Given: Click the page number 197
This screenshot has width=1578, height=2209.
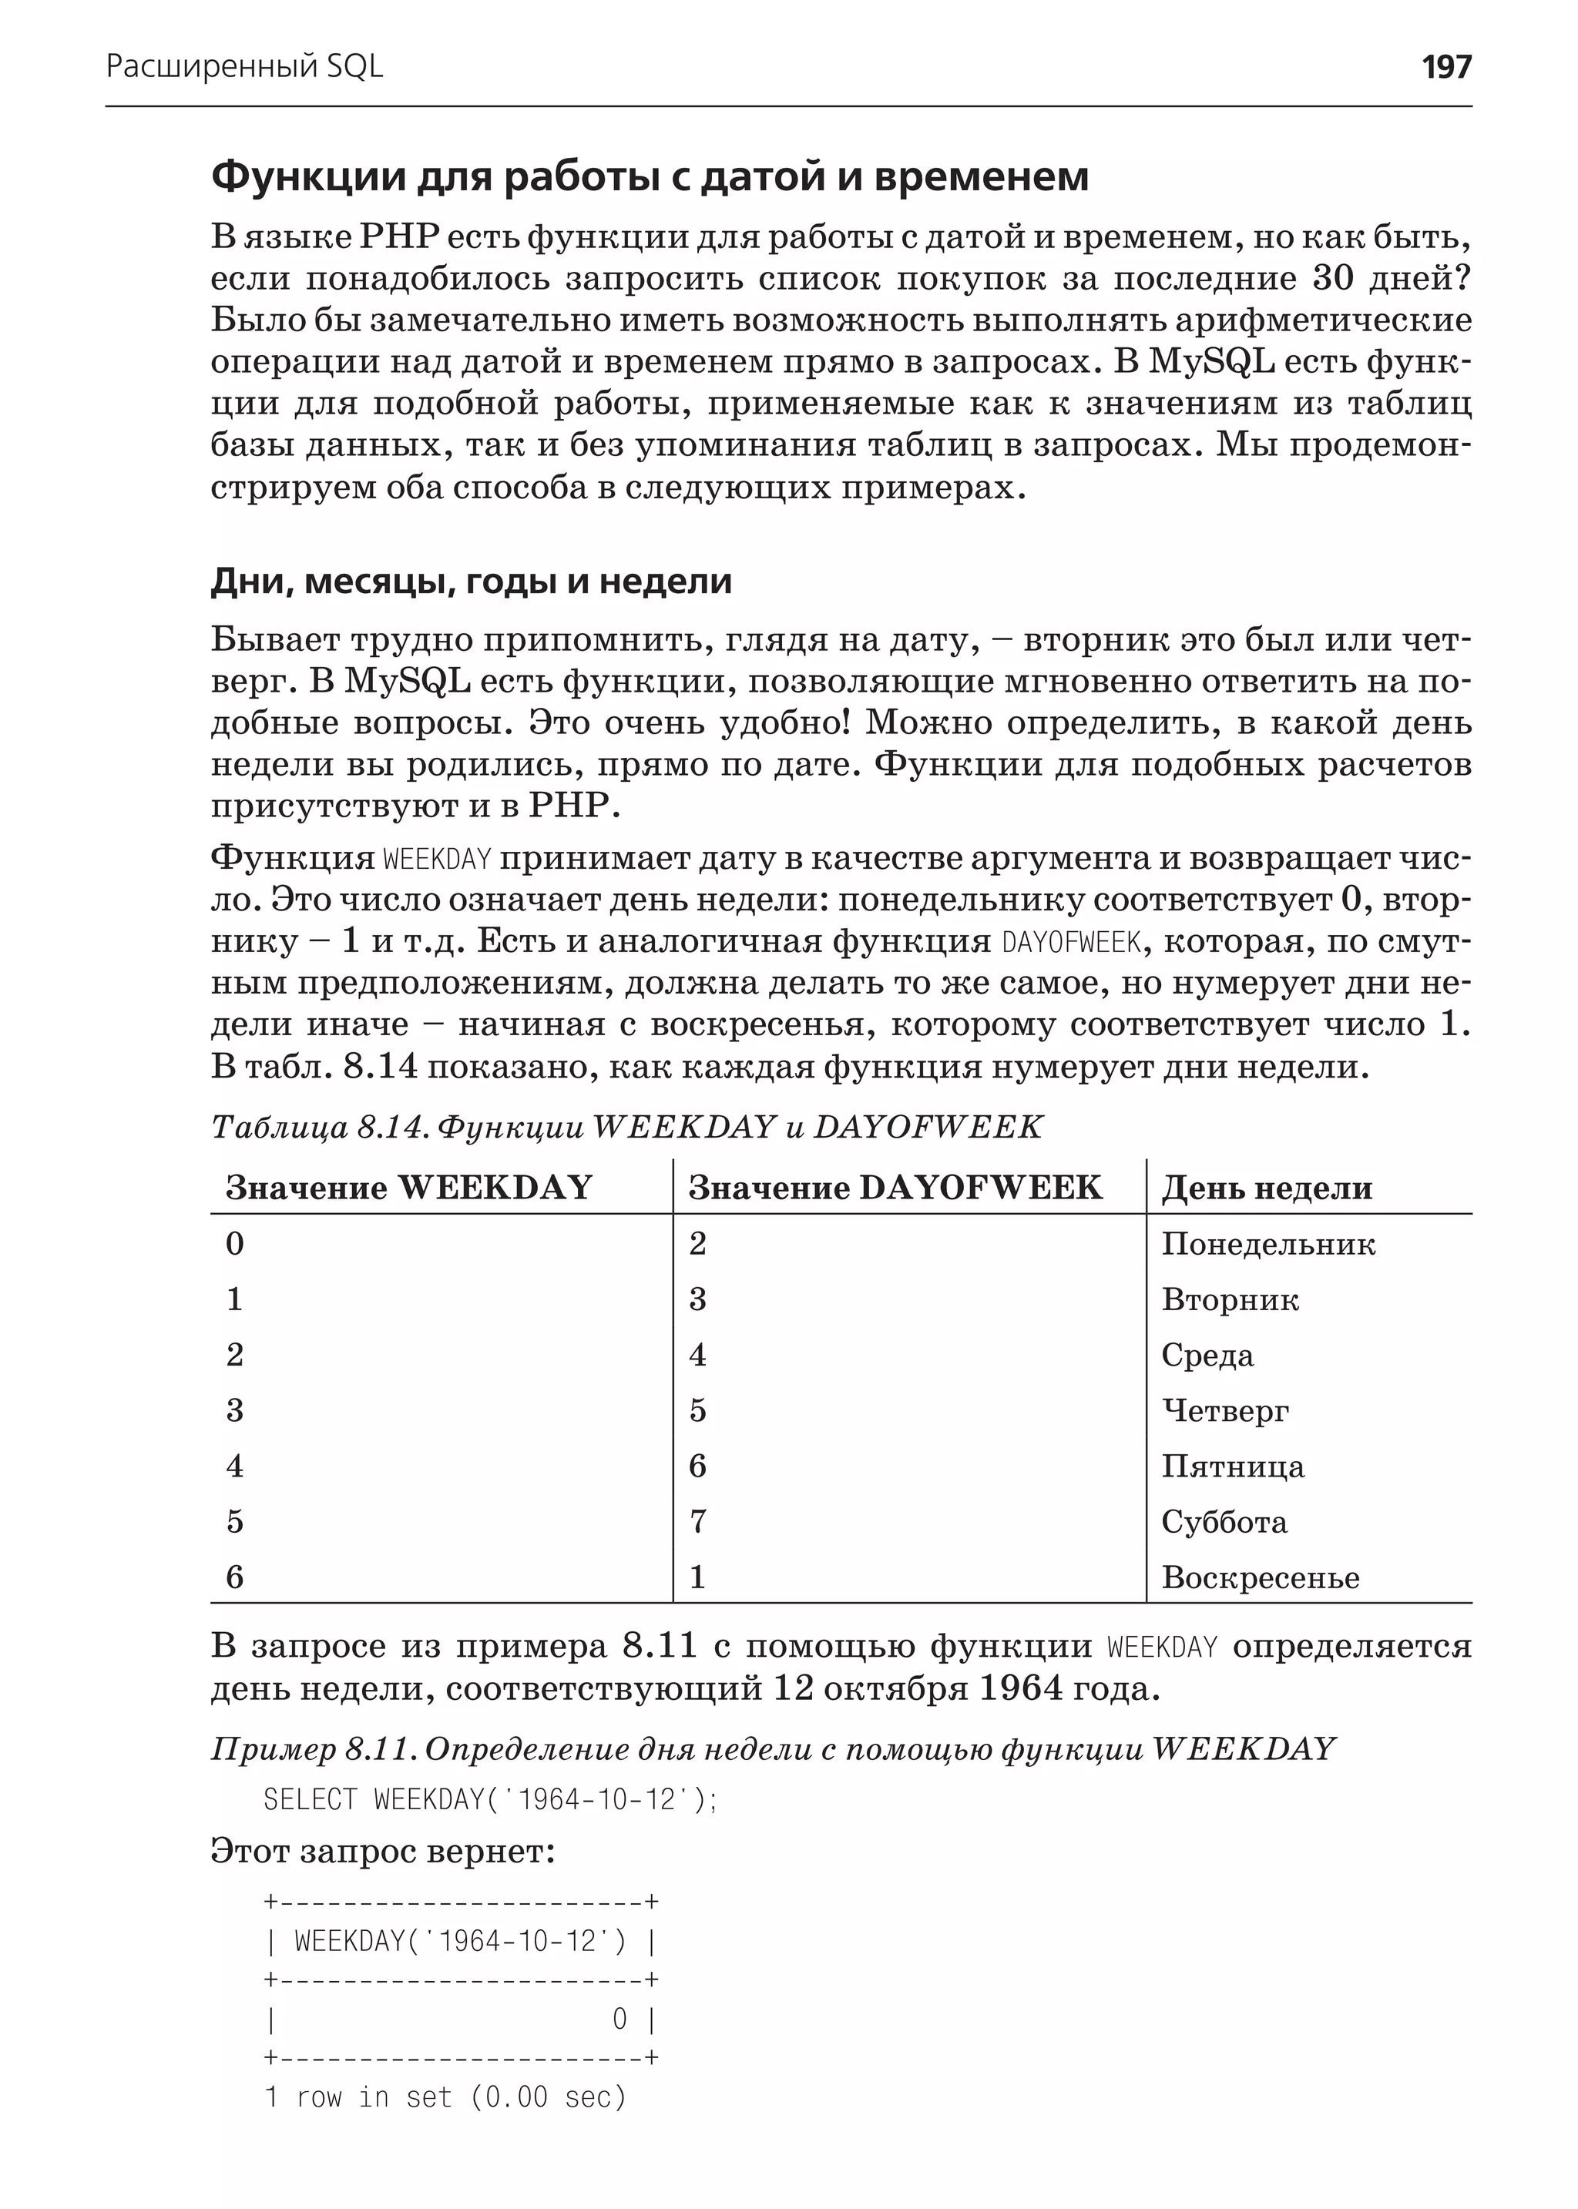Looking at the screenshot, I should [x=1445, y=67].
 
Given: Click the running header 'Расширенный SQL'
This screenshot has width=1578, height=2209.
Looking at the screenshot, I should [x=244, y=67].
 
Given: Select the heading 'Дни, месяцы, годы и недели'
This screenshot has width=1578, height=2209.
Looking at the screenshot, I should [x=472, y=581].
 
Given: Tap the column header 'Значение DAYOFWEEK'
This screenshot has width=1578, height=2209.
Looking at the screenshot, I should [x=895, y=1187].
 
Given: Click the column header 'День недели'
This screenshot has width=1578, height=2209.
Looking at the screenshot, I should [x=1266, y=1187].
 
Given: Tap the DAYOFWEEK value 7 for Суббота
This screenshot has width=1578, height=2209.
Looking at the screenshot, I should [x=697, y=1521].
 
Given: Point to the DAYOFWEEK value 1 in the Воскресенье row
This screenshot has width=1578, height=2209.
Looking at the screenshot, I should [x=697, y=1577].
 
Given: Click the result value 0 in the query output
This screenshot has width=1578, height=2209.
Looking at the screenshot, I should [x=619, y=2020].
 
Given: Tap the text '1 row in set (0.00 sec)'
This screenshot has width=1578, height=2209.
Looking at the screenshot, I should [x=445, y=2097].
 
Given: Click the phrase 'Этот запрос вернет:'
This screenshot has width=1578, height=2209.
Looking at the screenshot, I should [x=383, y=1852].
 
